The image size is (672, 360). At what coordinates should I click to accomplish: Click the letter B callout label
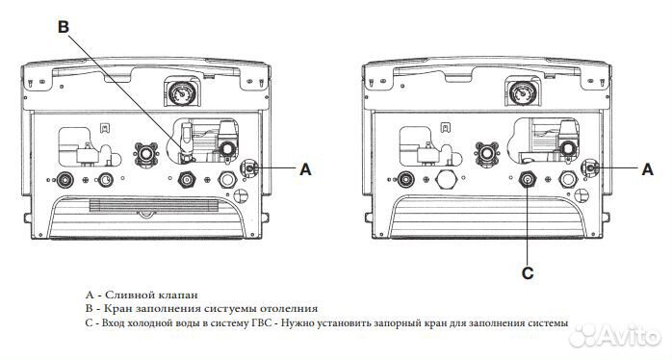tap(65, 28)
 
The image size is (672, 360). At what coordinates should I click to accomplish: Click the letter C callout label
tap(527, 272)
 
